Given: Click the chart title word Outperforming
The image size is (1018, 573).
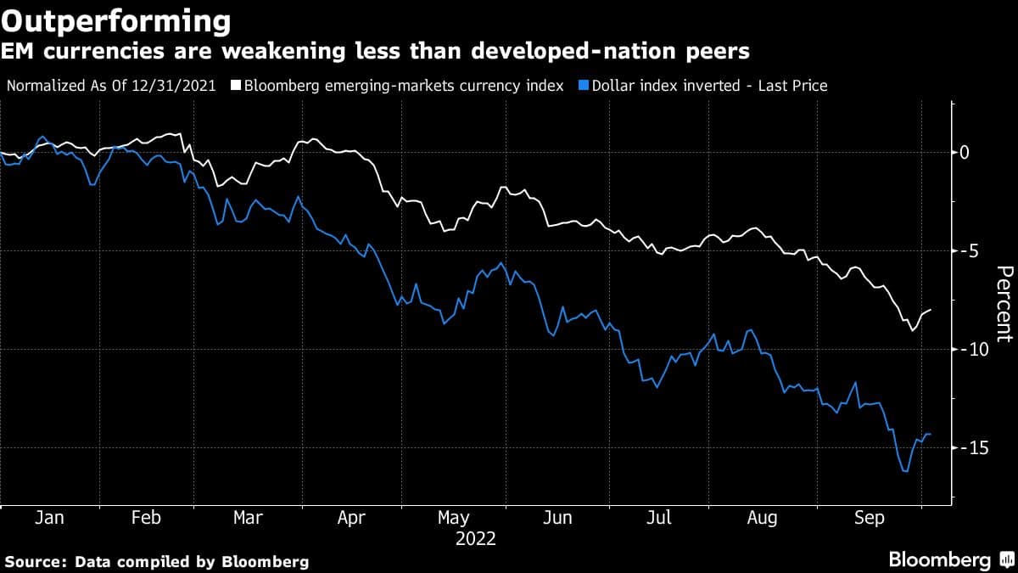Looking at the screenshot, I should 116,20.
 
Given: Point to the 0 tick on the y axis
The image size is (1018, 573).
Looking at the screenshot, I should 964,153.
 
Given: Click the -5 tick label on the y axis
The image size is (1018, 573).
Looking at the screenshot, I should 966,251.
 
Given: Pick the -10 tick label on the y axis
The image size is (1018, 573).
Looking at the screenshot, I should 970,350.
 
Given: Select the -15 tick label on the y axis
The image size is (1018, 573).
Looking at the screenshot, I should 970,447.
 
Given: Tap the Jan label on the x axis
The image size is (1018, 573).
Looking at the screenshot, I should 49,518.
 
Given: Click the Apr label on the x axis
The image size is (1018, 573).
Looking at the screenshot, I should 352,518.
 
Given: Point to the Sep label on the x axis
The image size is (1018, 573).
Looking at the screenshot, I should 868,518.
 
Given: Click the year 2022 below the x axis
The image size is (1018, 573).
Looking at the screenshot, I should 476,538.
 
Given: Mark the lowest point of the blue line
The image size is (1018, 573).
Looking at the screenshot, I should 905,471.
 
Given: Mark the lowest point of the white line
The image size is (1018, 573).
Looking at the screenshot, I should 912,329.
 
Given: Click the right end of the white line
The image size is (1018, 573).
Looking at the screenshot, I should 931,310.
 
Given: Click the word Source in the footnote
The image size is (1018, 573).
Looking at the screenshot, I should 35,561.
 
